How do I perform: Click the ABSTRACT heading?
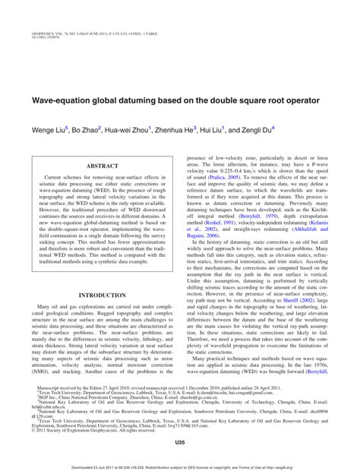[x=102, y=165]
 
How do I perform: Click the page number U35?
[x=179, y=442]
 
